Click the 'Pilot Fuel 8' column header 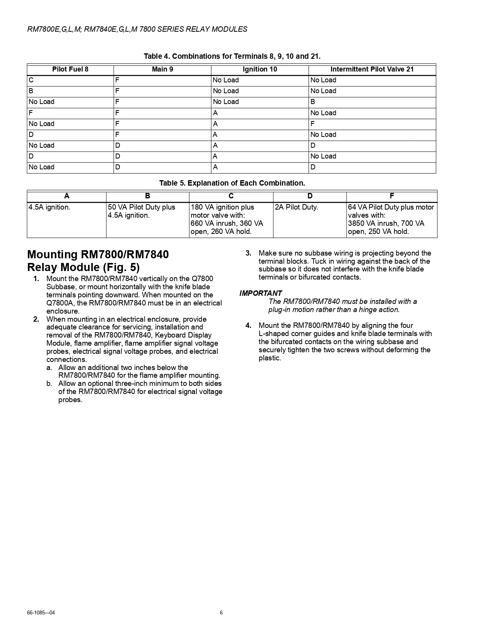70,69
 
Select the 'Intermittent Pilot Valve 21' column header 372,69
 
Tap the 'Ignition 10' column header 260,69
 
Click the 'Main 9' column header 162,69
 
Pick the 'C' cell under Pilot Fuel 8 31,80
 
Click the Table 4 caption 232,56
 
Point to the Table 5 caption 232,183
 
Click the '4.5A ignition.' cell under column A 49,207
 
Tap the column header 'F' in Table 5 392,196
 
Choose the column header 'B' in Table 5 147,196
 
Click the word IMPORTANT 261,293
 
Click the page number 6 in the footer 221,612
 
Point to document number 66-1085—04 41,612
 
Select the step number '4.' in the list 248,325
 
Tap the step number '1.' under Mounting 36,279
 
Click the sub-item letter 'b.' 49,384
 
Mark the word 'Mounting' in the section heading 52,254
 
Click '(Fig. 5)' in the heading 121,267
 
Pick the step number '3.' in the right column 248,253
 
